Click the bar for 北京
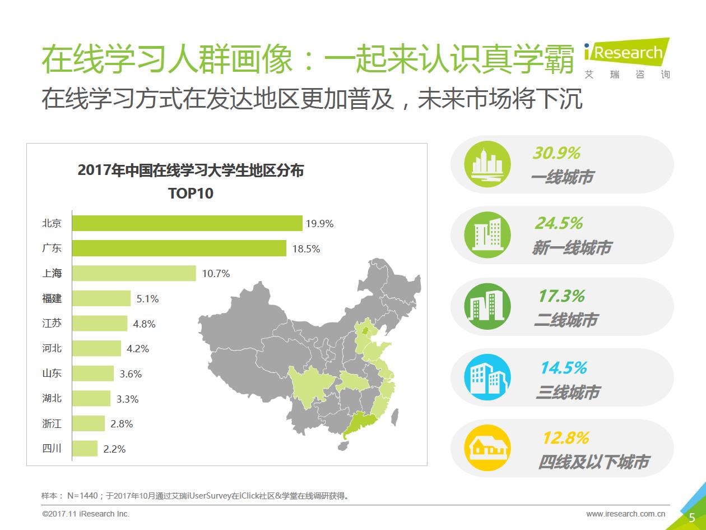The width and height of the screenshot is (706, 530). (187, 223)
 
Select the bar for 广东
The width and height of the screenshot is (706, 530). (179, 248)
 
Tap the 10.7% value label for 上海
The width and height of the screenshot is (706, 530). (216, 274)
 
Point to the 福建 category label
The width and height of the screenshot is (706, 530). (52, 298)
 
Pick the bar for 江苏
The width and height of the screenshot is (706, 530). (100, 324)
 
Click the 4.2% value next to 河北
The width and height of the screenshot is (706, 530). (138, 349)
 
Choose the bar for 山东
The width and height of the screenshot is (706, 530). (93, 374)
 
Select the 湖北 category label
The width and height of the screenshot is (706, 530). (52, 398)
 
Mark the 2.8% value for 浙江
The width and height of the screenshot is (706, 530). (122, 424)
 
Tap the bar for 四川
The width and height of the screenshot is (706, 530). (85, 449)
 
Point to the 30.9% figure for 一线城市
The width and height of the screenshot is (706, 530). (556, 153)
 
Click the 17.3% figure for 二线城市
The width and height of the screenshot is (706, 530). (561, 296)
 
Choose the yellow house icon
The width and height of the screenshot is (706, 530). (487, 448)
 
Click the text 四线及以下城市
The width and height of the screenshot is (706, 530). (593, 462)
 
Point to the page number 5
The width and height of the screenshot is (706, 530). (692, 517)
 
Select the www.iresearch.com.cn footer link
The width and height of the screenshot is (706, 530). (625, 514)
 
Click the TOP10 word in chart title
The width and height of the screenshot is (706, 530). (191, 194)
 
